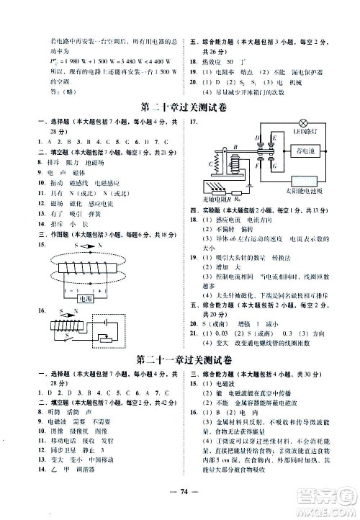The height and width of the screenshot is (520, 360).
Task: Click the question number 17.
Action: point(193,123)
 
